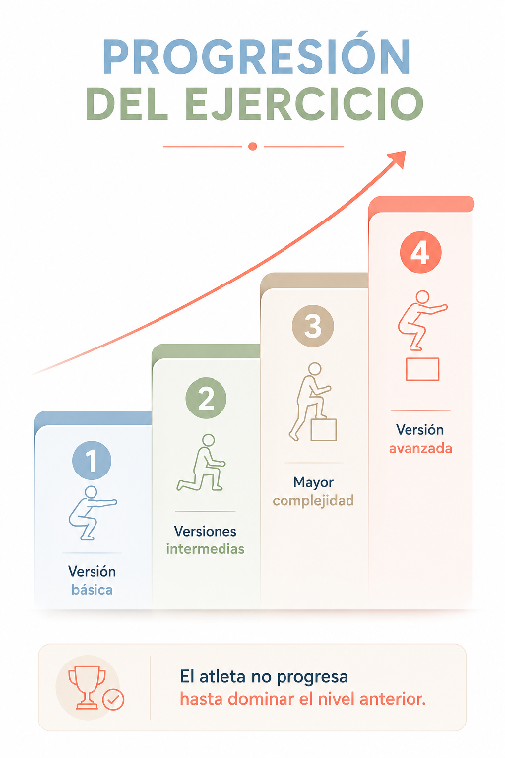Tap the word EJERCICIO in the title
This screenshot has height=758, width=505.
304,104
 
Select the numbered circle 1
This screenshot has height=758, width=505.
92,461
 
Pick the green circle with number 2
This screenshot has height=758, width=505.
206,398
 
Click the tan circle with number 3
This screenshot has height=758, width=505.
313,325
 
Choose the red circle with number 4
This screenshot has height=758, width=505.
420,252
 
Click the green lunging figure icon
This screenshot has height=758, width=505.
202,463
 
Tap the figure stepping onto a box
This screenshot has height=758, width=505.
313,402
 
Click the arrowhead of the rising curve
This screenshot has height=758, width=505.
398,158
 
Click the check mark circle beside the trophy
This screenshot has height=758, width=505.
114,699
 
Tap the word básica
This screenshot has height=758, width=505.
92,590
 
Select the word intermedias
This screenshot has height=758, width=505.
206,549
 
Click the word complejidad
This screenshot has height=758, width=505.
313,501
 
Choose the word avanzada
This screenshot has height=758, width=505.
420,448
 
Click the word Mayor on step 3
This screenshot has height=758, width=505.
313,482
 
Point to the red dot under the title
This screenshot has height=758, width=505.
252,146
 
